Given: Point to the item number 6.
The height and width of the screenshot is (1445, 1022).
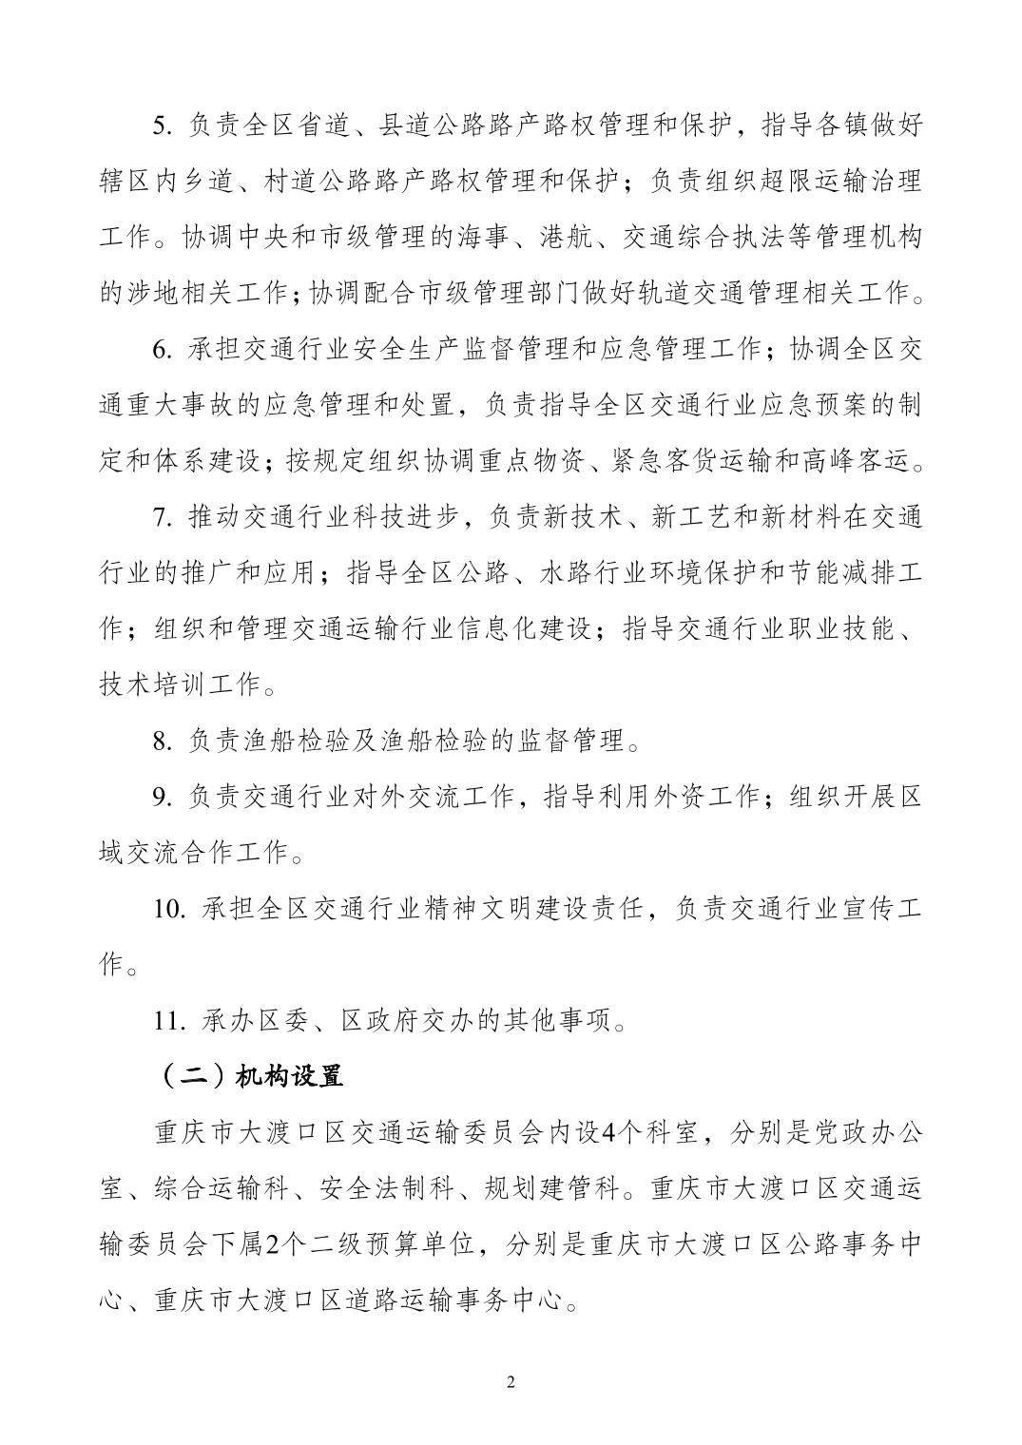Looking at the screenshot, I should [x=163, y=351].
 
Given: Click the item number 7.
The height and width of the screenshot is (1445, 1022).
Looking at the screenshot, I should [x=163, y=518].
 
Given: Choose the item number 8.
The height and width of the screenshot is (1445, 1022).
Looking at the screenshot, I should [x=163, y=742].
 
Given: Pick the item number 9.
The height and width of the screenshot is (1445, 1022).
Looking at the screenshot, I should [x=163, y=798].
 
